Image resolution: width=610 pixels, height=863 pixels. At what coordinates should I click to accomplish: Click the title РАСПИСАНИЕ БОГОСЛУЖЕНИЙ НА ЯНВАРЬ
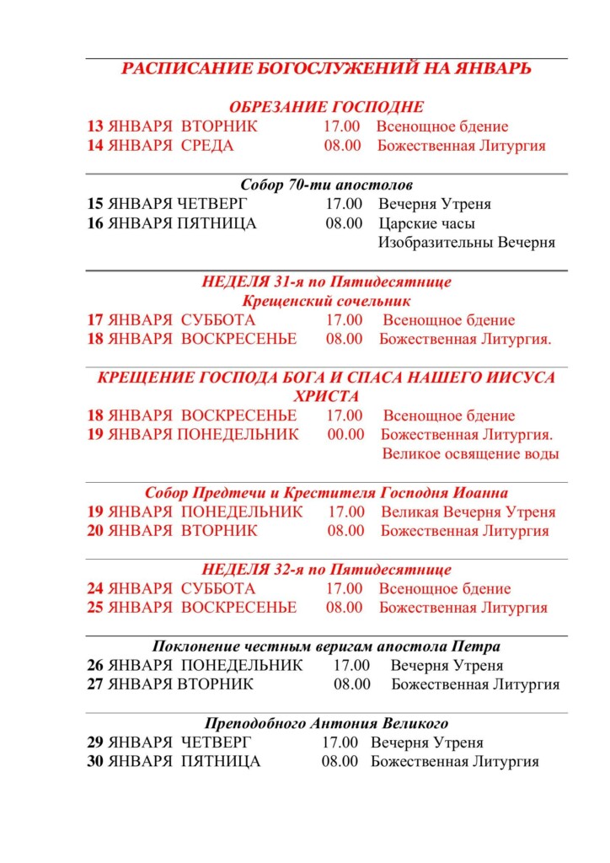coord(326,69)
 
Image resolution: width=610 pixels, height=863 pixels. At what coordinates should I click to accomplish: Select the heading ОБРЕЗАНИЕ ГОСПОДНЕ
coord(326,107)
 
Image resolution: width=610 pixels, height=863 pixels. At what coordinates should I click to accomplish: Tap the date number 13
coord(95,126)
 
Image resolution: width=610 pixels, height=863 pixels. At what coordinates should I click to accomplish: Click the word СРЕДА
coord(207,146)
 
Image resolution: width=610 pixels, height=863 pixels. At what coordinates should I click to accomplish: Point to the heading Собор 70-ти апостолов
coord(326,185)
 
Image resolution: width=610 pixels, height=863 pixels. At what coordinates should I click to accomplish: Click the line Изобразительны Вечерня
coord(466,243)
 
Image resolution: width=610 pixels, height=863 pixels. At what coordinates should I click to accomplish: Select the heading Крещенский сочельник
coord(326,301)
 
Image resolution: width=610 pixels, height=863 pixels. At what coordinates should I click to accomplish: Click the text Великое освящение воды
coord(470,454)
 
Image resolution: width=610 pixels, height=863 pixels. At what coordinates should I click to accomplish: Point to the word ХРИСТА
coord(326,396)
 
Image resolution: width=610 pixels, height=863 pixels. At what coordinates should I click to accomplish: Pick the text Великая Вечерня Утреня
coord(468,512)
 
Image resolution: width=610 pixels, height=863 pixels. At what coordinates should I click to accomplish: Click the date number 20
coord(95,531)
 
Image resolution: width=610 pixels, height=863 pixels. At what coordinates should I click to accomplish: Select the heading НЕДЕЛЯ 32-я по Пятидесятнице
coord(326,570)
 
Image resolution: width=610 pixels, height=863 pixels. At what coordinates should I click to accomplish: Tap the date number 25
coord(95,608)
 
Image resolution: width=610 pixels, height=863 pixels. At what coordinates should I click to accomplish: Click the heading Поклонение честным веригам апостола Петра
coord(326,646)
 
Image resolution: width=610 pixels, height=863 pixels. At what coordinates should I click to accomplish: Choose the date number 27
coord(95,684)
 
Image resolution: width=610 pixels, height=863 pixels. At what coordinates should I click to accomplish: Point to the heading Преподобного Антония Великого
coord(326,723)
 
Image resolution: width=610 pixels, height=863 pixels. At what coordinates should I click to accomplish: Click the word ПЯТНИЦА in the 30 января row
coord(221,762)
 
